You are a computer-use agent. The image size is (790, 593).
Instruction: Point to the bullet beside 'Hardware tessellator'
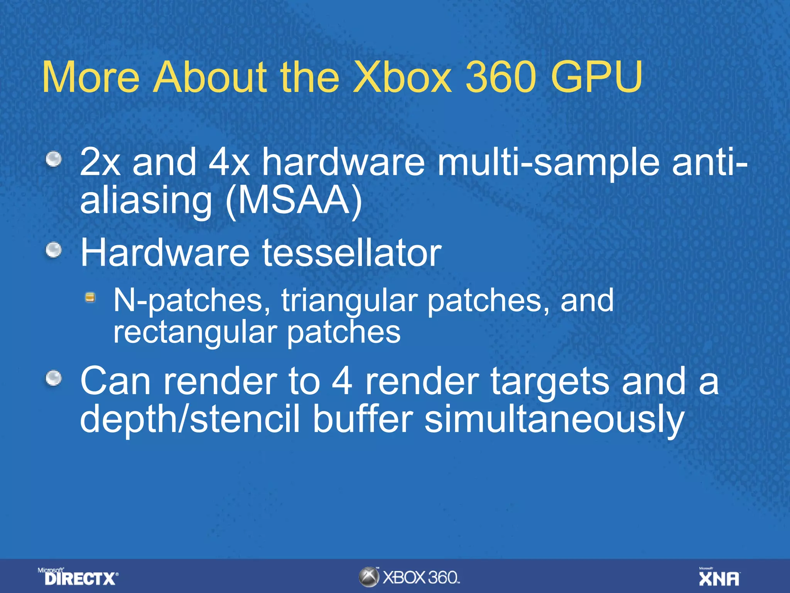54,250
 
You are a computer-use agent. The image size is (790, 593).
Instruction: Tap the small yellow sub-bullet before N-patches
90,297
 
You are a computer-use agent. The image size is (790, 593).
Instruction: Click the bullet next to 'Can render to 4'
54,378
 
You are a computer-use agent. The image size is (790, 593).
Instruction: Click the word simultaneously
554,420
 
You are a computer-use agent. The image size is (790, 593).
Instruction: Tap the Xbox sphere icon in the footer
369,577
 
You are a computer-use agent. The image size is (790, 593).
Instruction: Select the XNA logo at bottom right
719,577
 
